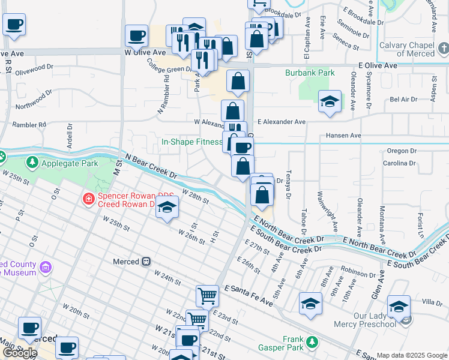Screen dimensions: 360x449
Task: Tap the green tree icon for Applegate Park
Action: pos(32,163)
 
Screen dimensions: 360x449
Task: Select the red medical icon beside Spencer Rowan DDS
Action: pos(88,198)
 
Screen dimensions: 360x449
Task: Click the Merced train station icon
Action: pos(146,262)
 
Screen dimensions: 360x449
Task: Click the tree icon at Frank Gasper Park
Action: pos(311,343)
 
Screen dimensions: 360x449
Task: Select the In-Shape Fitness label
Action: pos(191,142)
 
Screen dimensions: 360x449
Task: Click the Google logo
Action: pos(20,352)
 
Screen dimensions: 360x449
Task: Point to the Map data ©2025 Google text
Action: pos(411,355)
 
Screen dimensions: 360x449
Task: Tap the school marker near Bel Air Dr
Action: pos(330,102)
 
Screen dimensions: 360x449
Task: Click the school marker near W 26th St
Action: pos(168,208)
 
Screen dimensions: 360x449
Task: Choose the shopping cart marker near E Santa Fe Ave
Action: pos(207,295)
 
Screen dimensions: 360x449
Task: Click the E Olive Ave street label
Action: pos(378,65)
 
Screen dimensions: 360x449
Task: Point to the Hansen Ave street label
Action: pos(343,136)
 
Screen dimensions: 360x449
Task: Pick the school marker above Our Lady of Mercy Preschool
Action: pos(399,306)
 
